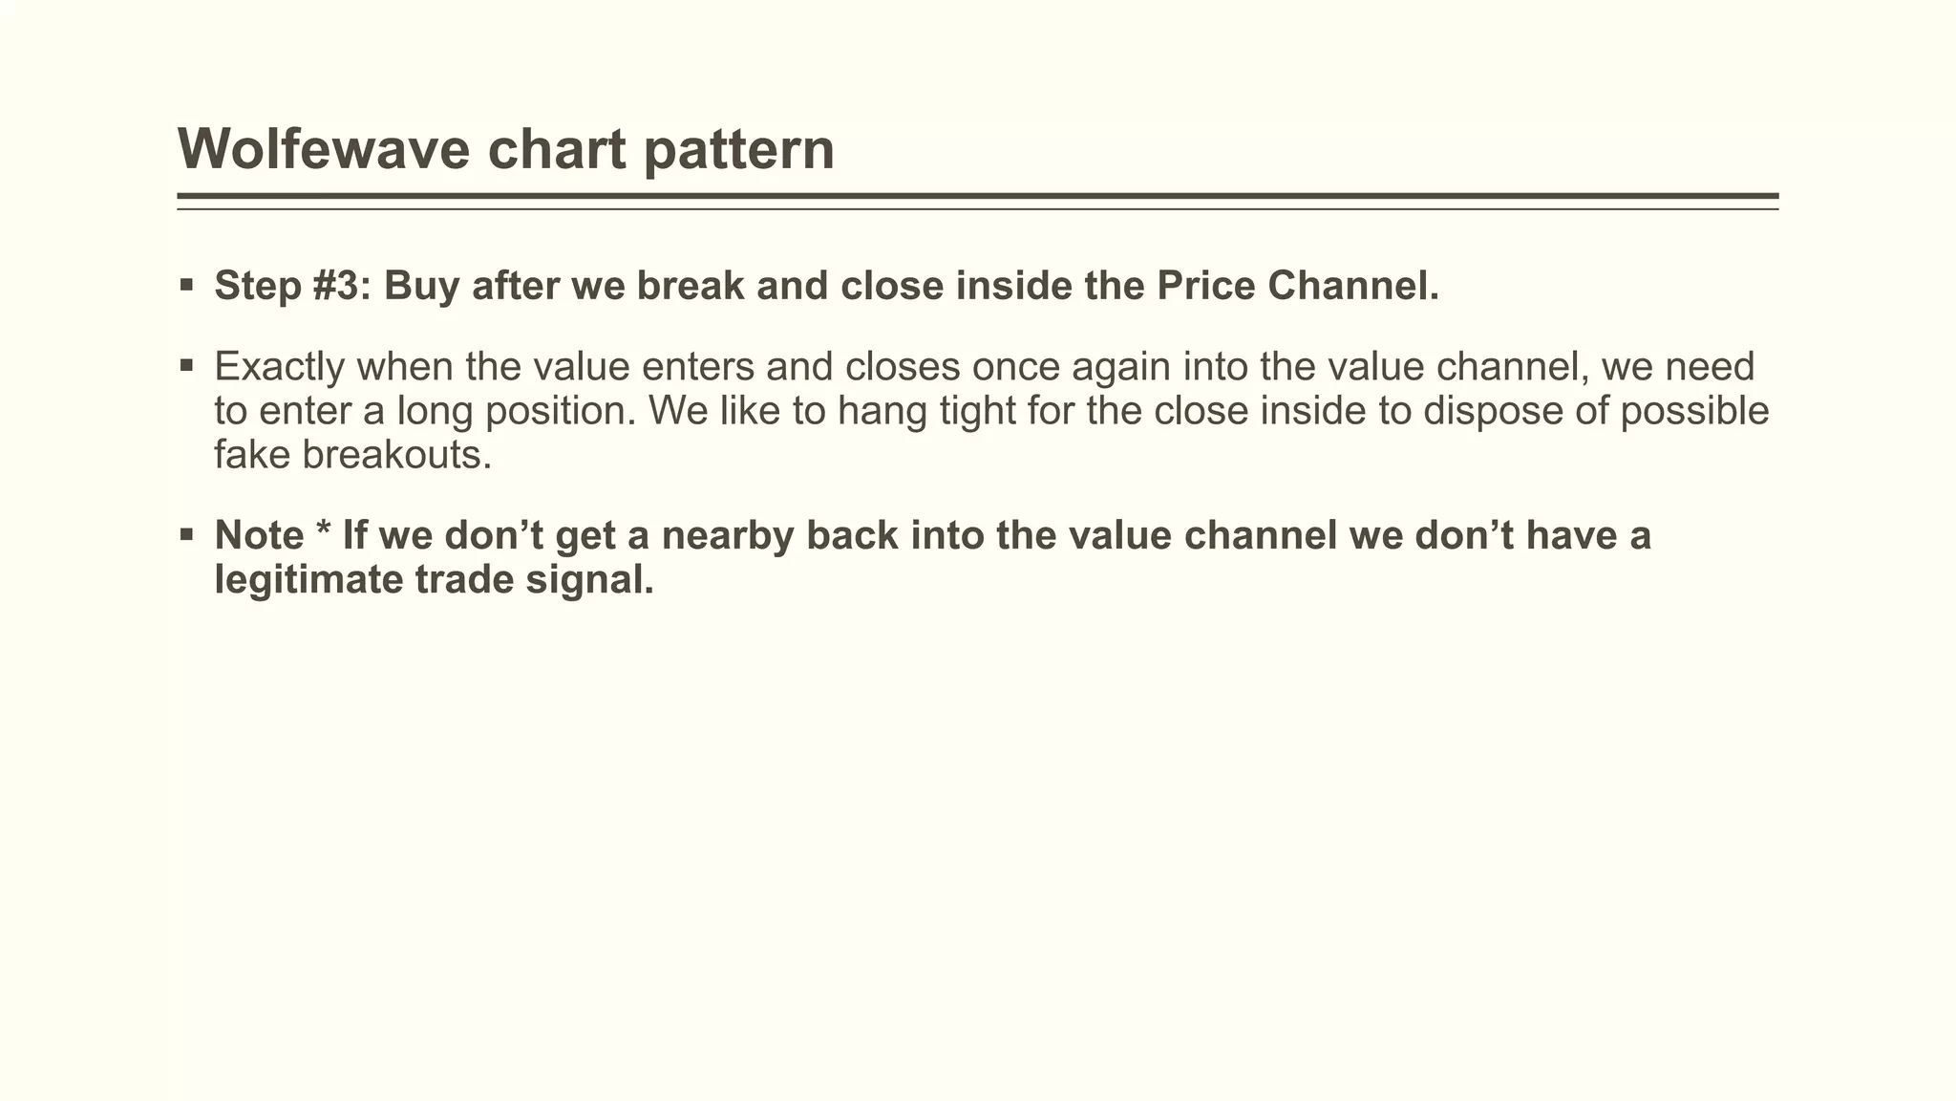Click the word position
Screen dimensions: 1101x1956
click(x=562, y=411)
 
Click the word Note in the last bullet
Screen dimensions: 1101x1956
click(x=259, y=535)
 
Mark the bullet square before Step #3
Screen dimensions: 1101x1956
click(x=186, y=284)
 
